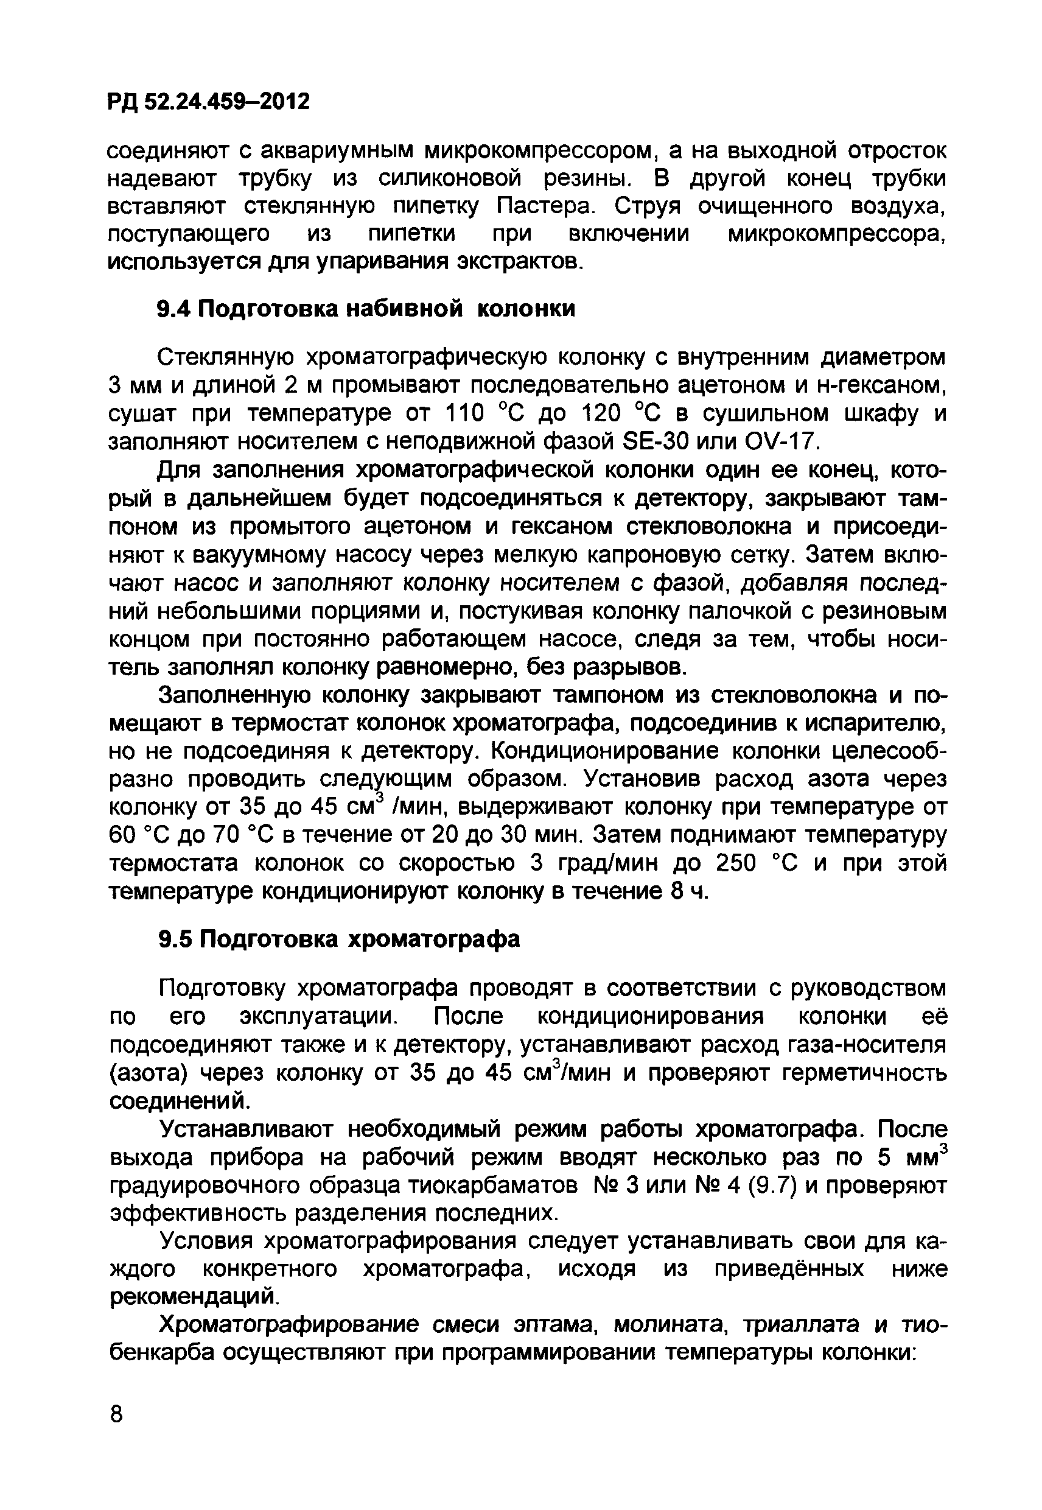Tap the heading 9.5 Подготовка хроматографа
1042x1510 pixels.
(340, 939)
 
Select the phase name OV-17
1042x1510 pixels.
(780, 442)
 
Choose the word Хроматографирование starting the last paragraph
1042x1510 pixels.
(294, 1324)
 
